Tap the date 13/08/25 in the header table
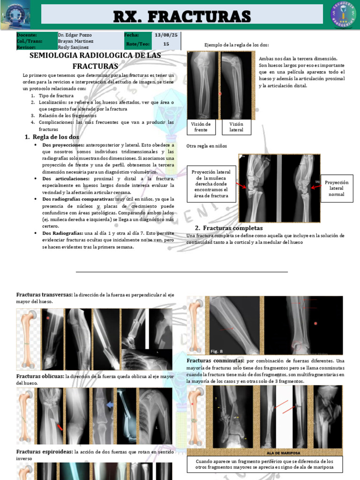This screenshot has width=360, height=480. tap(166, 35)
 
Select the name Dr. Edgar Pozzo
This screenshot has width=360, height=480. tap(75, 35)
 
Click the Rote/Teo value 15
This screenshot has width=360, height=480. tap(166, 44)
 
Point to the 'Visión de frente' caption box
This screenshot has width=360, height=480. tap(201, 127)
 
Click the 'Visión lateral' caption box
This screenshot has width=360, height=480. tap(236, 127)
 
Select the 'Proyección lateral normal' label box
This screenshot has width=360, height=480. tap(337, 188)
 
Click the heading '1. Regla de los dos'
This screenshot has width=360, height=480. tap(52, 137)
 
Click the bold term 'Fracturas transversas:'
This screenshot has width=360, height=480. tap(45, 294)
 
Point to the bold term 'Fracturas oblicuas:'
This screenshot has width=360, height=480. tap(41, 376)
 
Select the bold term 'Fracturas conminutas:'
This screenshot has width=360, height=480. tap(215, 361)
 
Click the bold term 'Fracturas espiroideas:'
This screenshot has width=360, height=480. tap(45, 452)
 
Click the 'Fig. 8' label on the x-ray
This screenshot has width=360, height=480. tap(217, 351)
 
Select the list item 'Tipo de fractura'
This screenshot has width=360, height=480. tap(56, 96)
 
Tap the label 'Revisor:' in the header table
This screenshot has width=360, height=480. tap(26, 47)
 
